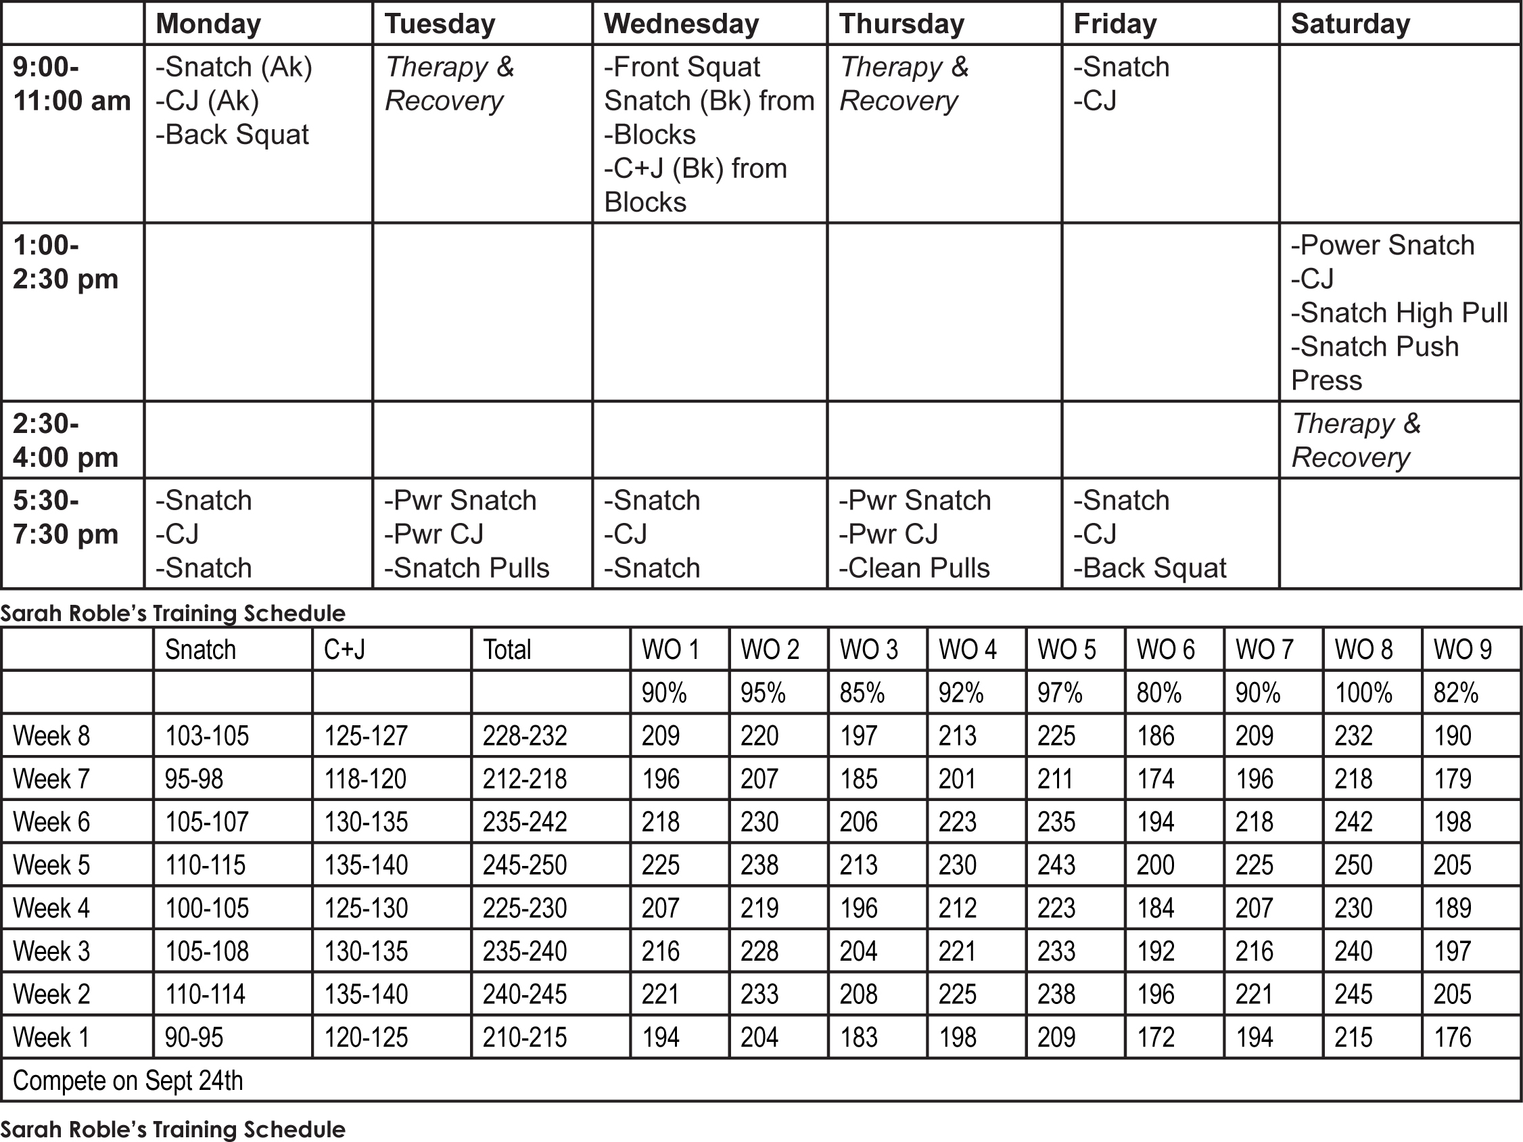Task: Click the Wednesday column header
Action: click(x=681, y=24)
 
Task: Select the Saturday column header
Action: click(x=1349, y=24)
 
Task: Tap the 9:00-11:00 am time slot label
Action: click(x=72, y=84)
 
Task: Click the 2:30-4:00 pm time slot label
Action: click(x=66, y=440)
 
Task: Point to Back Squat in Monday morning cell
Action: click(x=233, y=135)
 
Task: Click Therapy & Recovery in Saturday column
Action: click(x=1355, y=440)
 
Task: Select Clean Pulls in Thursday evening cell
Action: click(x=914, y=568)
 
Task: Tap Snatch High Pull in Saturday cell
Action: click(x=1399, y=313)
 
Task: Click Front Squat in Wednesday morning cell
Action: click(x=682, y=68)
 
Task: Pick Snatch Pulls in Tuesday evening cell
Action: click(x=467, y=568)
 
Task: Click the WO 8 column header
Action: click(x=1363, y=649)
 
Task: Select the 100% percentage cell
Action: click(x=1363, y=692)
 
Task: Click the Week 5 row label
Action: click(x=51, y=865)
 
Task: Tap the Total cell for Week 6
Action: click(x=525, y=822)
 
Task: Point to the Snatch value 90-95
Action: click(x=194, y=1037)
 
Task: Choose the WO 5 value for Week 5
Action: click(x=1056, y=865)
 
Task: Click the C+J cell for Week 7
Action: click(x=365, y=779)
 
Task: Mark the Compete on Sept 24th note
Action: click(x=128, y=1080)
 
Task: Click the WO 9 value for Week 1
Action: click(x=1452, y=1037)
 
